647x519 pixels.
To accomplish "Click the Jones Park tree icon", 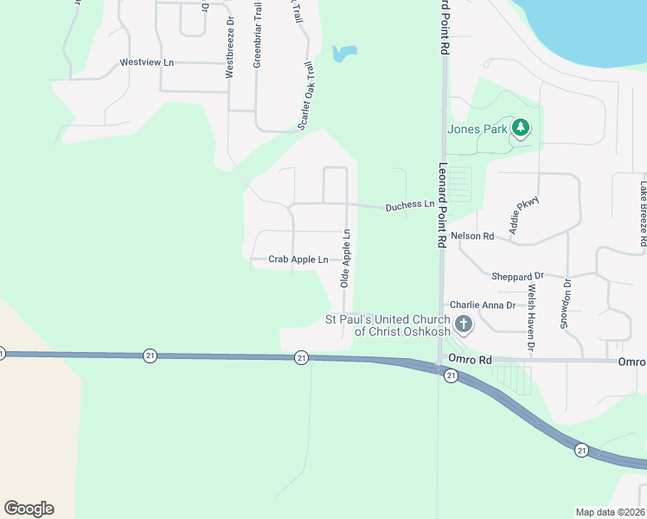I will [x=520, y=129].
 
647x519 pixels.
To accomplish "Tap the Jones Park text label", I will [x=476, y=130].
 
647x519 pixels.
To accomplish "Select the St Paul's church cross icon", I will [x=464, y=325].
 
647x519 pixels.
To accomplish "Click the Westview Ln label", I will [x=147, y=62].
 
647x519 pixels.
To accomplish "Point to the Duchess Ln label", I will [x=409, y=205].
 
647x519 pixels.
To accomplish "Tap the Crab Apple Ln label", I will [x=298, y=259].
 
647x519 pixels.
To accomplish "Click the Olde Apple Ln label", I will [x=344, y=258].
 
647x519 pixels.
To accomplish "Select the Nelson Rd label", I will [x=471, y=235].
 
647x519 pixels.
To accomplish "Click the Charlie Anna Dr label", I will [x=482, y=304].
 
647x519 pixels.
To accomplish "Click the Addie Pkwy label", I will [x=524, y=215].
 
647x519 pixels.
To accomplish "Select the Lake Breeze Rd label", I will [x=643, y=213].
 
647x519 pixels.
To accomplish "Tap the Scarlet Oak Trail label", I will [x=304, y=96].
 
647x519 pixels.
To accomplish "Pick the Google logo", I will [x=29, y=509].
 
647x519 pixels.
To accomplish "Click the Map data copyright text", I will [x=610, y=512].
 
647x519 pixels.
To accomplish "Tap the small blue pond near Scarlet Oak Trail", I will [x=343, y=54].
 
